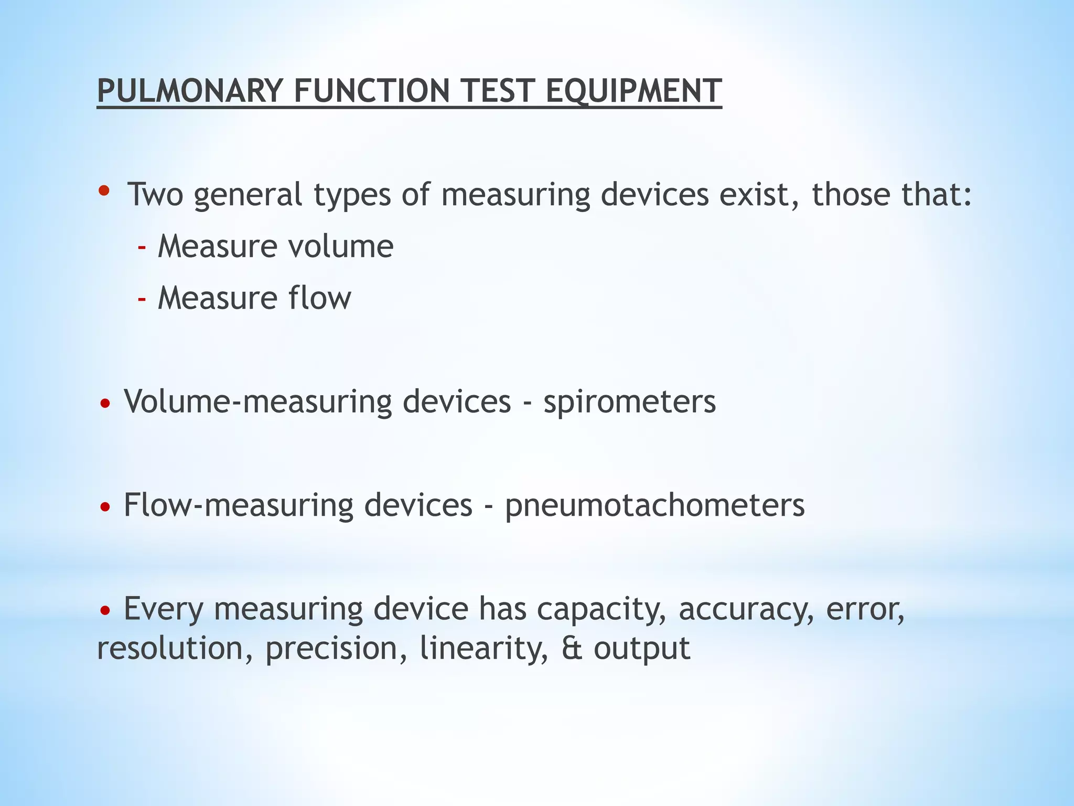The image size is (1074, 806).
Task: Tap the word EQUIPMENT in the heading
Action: pos(633,91)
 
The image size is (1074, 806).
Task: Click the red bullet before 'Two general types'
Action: pos(104,190)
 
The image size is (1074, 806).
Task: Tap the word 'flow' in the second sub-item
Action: pos(320,298)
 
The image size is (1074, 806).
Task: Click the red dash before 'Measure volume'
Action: pos(142,247)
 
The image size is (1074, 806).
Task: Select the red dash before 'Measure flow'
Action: pos(142,299)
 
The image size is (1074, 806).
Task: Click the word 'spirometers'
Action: pos(629,402)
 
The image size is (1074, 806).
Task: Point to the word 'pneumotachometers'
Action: pos(654,505)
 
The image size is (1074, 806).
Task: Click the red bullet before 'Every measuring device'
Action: pos(105,610)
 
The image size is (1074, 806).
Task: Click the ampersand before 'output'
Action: pos(572,649)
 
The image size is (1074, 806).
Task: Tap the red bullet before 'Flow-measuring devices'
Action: pos(105,507)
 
